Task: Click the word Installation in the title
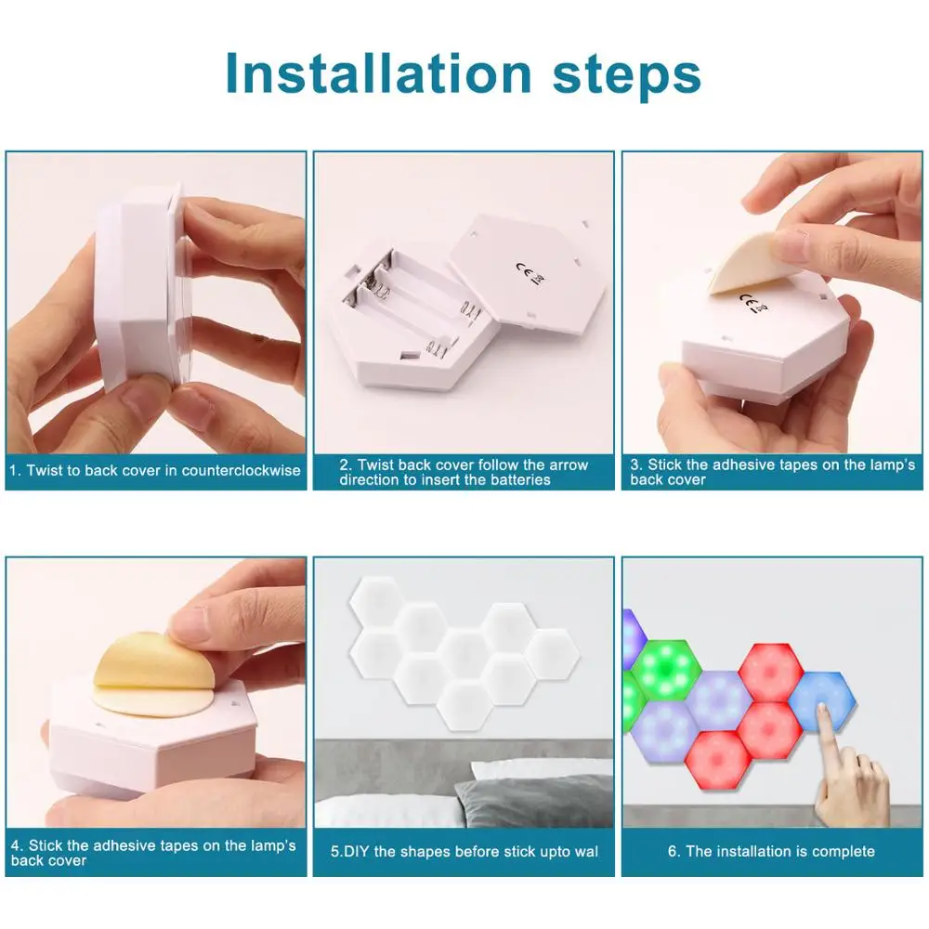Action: click(x=378, y=73)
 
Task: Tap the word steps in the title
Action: click(x=627, y=76)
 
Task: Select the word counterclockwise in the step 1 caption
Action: click(x=242, y=470)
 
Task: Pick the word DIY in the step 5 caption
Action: click(x=357, y=851)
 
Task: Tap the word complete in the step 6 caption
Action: click(x=844, y=852)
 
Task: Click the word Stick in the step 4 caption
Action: click(x=45, y=845)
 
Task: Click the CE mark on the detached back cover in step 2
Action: click(x=530, y=274)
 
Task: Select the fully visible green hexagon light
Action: click(x=666, y=670)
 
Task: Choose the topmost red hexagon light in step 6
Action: click(x=770, y=674)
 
